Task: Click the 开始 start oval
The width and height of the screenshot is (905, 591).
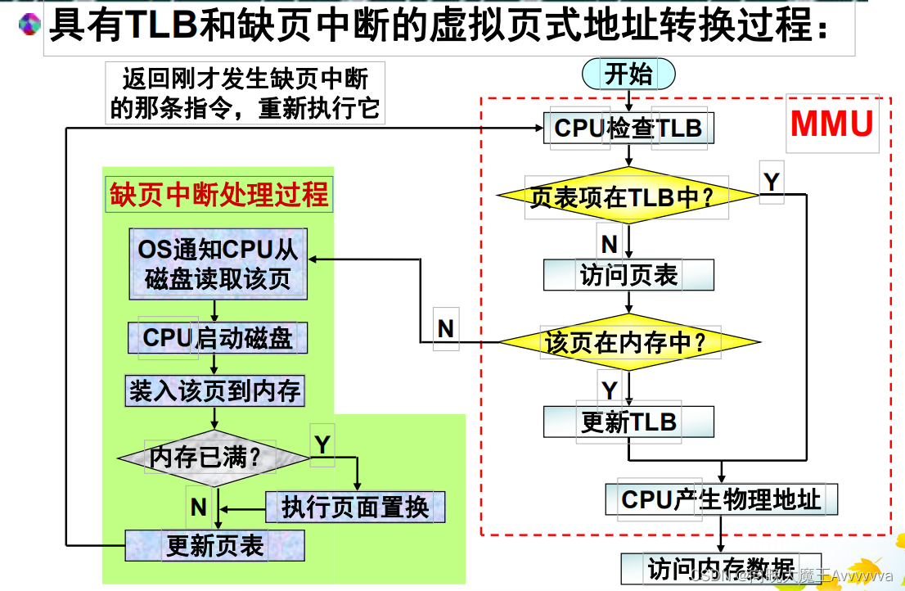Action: [x=628, y=74]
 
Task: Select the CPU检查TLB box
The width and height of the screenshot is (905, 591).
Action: [x=628, y=129]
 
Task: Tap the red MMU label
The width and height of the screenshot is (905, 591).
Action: [x=831, y=124]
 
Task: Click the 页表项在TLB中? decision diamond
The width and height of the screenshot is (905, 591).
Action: [x=628, y=196]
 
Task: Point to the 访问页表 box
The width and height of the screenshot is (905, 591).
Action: [x=628, y=276]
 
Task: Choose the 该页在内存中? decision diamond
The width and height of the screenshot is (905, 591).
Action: [x=628, y=342]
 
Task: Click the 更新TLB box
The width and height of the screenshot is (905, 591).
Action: [x=628, y=422]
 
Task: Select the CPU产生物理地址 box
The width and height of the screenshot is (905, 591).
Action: [x=721, y=499]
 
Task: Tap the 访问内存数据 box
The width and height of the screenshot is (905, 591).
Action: [x=720, y=568]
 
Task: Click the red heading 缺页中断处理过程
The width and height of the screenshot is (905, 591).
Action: [x=218, y=195]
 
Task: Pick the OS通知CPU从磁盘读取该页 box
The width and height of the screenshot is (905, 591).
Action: [x=218, y=264]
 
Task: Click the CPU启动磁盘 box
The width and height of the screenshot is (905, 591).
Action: [x=218, y=337]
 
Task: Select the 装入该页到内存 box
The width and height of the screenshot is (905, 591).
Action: [x=214, y=391]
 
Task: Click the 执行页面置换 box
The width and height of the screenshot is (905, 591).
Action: [x=355, y=508]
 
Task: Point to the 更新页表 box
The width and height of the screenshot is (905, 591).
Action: [x=214, y=545]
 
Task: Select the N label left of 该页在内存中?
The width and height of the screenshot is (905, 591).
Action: [x=445, y=329]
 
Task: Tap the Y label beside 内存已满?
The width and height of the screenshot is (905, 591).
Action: [x=322, y=444]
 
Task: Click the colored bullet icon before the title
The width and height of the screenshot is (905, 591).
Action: [x=29, y=25]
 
